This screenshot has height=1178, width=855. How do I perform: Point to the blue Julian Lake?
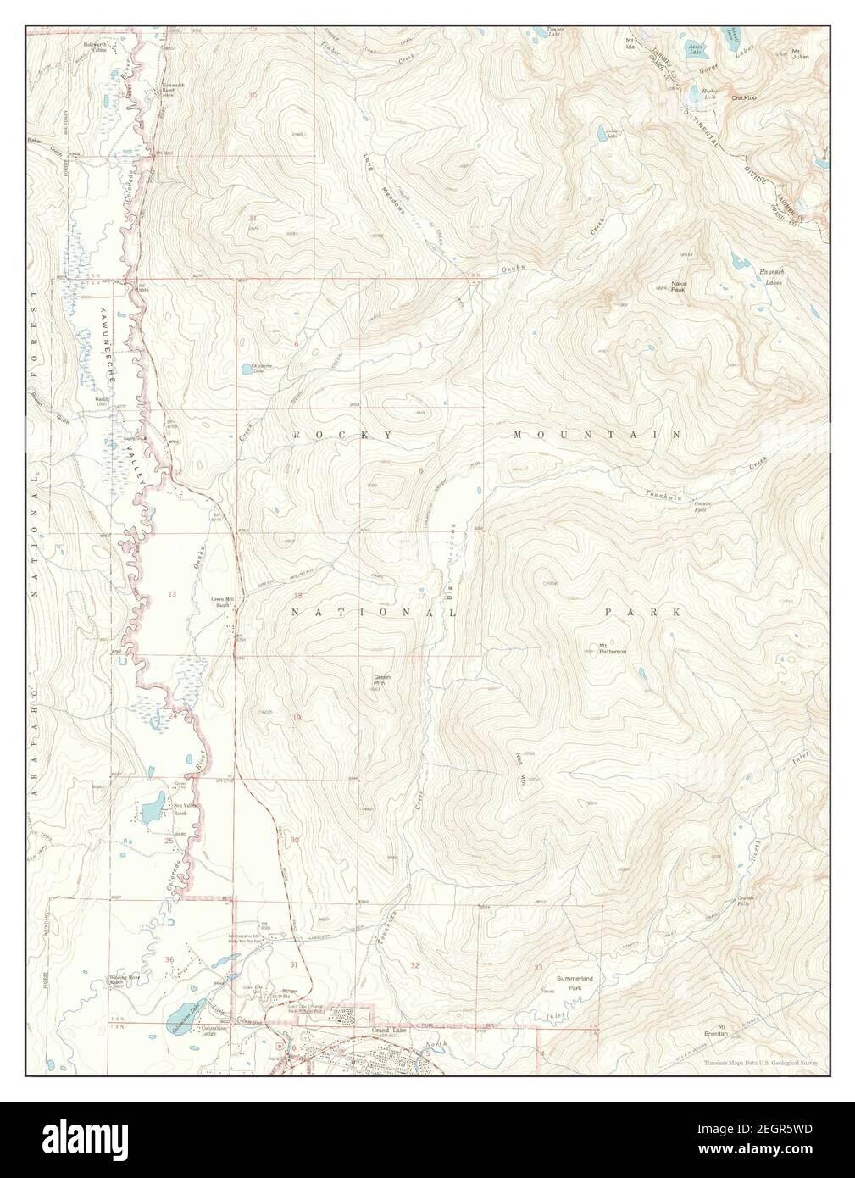(x=600, y=133)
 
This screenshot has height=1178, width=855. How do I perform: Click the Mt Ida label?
(x=630, y=42)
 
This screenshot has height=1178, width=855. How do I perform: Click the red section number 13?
(x=172, y=594)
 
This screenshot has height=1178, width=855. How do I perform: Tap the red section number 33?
(x=538, y=967)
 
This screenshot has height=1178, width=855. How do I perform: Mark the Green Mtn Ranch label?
(x=222, y=603)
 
